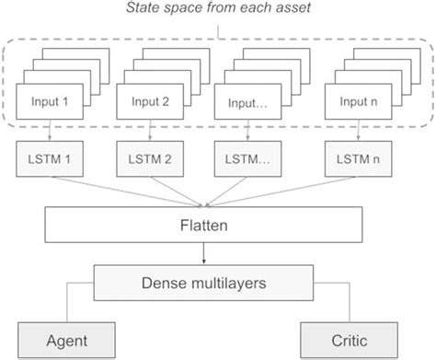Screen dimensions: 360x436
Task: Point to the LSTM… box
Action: point(251,157)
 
